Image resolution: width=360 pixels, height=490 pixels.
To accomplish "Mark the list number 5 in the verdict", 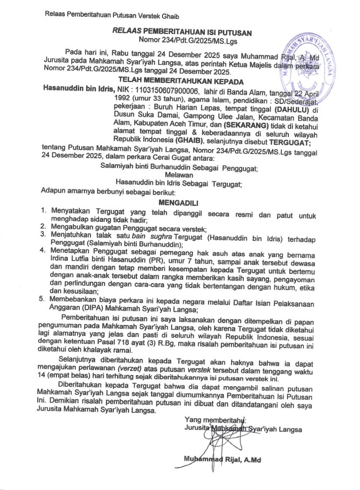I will [42, 299].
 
